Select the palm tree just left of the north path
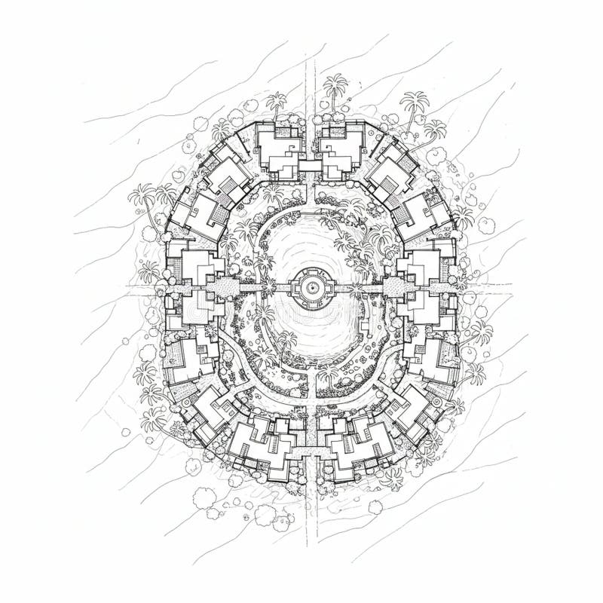[x=277, y=102]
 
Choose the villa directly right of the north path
[x=343, y=149]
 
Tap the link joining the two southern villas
[x=310, y=451]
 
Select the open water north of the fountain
[x=305, y=241]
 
